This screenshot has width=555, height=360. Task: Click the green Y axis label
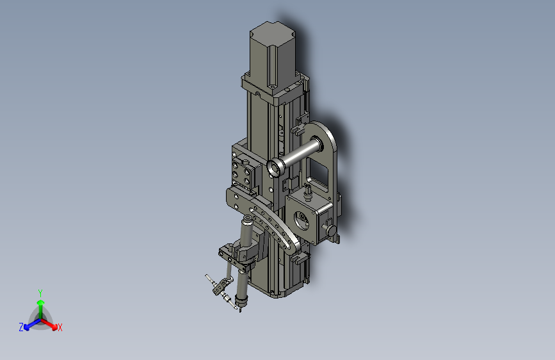pos(40,293)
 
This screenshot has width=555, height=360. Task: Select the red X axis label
pos(60,327)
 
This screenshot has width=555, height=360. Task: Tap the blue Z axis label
pos(21,327)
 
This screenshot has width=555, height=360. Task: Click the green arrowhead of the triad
pos(41,302)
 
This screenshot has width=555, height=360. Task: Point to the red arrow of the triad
pos(49,324)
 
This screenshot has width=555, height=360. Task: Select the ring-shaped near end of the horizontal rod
pos(274,168)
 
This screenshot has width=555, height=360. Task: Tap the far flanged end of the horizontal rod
pos(317,143)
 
